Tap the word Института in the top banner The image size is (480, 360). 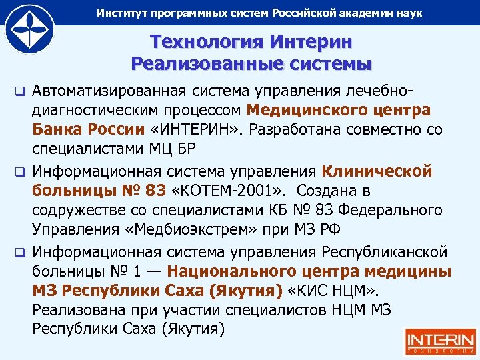pyautogui.click(x=123, y=13)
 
